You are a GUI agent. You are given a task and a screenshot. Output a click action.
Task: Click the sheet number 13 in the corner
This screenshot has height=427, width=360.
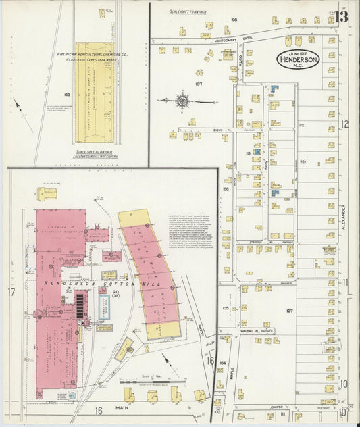point(341,16)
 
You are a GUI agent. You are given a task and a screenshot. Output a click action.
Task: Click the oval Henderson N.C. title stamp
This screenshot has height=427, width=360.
point(300,59)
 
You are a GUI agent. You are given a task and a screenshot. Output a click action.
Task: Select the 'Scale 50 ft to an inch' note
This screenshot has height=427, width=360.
point(95,152)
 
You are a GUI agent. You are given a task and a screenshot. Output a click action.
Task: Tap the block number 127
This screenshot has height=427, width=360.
point(289,311)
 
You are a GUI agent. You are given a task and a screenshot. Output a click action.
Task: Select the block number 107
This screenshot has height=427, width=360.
point(199,84)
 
